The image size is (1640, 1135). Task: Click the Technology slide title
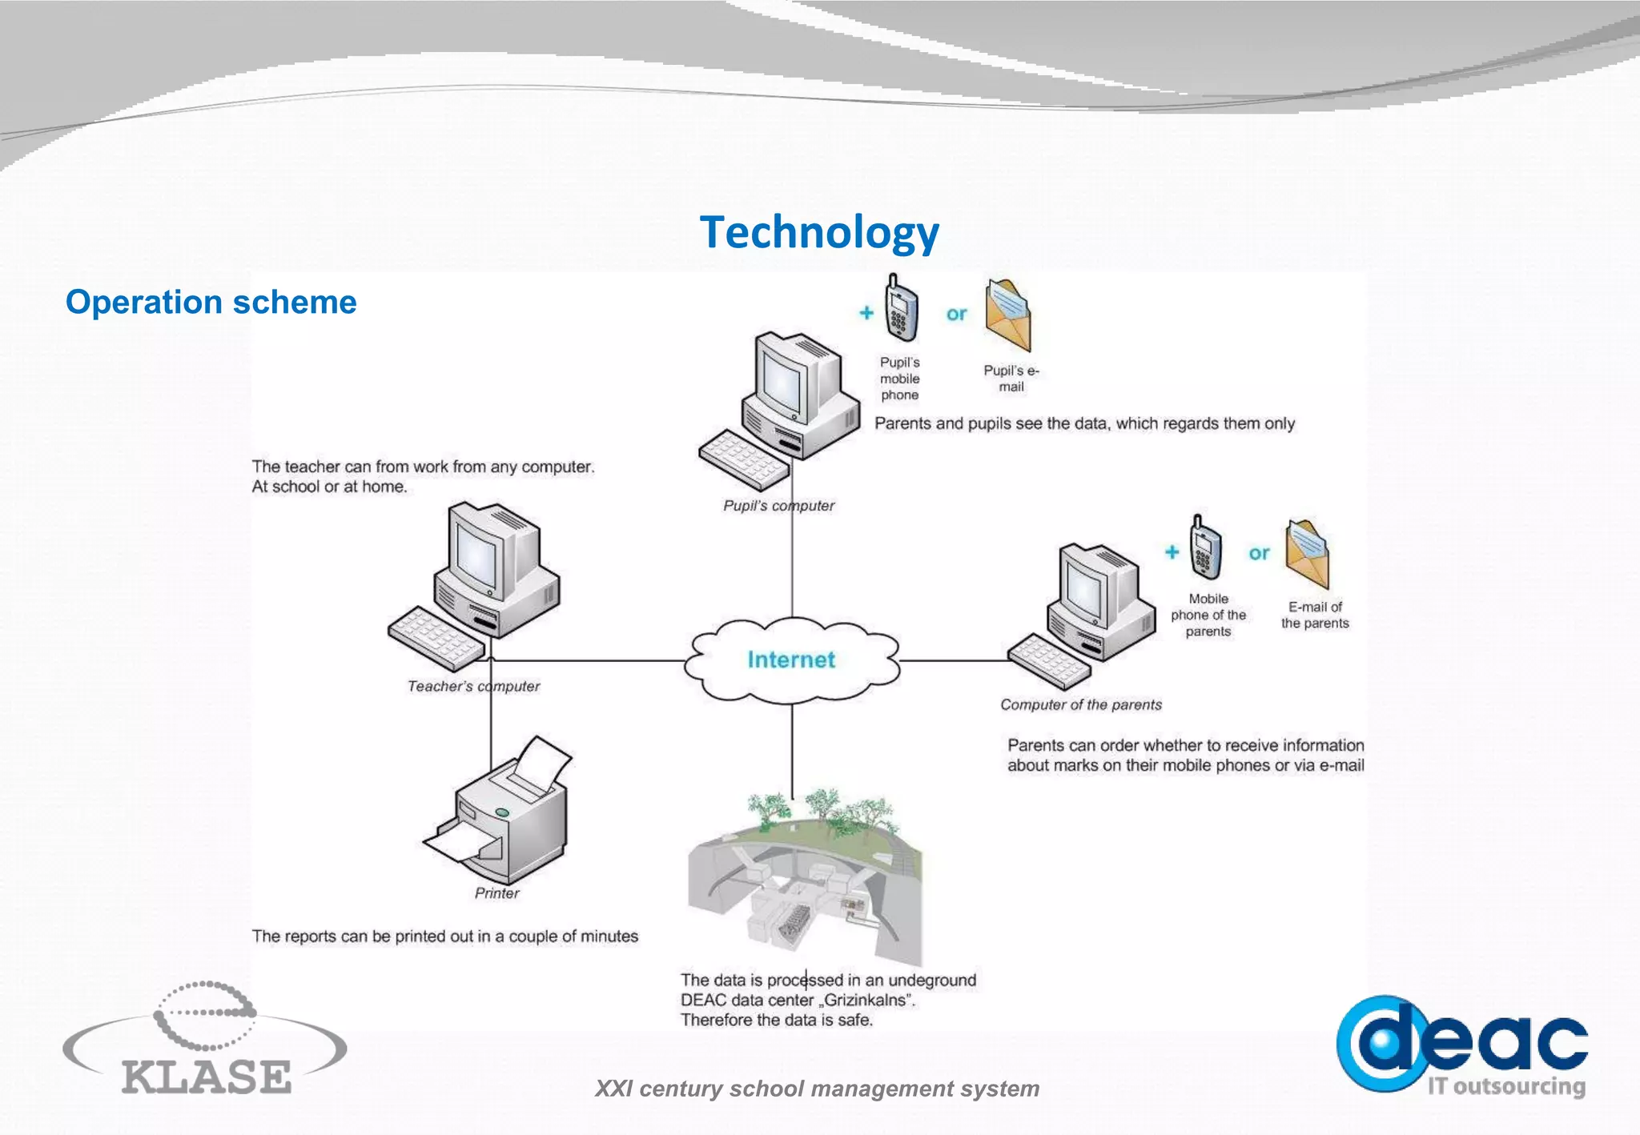(x=818, y=232)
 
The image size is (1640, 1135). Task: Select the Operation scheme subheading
(x=211, y=302)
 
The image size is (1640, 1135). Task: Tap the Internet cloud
(x=791, y=660)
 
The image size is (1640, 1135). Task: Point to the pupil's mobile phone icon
(x=900, y=309)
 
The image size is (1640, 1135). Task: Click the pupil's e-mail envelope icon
(x=1008, y=315)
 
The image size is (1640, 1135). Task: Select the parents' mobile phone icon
(x=1205, y=548)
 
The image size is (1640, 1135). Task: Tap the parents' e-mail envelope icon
(x=1307, y=554)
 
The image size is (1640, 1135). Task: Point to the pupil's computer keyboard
(x=742, y=459)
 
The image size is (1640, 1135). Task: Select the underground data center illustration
(x=804, y=880)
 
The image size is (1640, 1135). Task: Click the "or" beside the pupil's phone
(x=956, y=315)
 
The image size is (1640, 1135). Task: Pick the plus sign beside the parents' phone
(x=1172, y=552)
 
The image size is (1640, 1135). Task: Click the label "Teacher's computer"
(x=473, y=687)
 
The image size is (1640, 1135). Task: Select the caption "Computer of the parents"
(x=1080, y=705)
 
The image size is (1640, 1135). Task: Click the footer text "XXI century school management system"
(x=817, y=1089)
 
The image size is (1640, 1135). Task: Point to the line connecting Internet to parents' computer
(x=953, y=661)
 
